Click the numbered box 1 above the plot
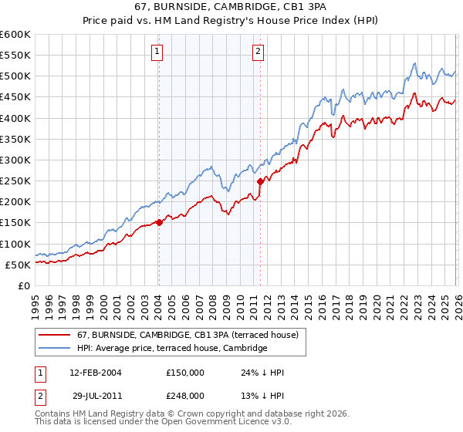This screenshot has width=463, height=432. click(x=157, y=52)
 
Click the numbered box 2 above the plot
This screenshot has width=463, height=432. click(x=257, y=52)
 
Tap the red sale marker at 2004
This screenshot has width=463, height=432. click(x=159, y=222)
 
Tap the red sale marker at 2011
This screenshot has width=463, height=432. click(x=260, y=181)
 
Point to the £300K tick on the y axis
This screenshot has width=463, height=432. click(x=15, y=160)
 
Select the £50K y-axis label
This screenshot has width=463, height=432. click(x=18, y=265)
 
